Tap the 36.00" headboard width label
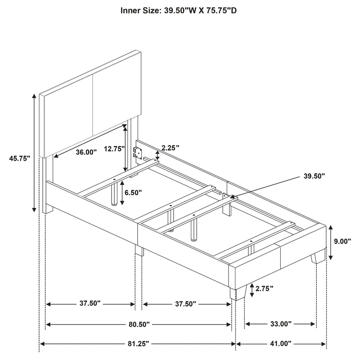[x=86, y=152]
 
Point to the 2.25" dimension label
[x=171, y=147]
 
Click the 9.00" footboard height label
[x=342, y=241]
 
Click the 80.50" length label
[x=139, y=324]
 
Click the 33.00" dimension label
[x=281, y=324]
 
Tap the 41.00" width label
[x=281, y=344]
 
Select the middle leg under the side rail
[x=139, y=251]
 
